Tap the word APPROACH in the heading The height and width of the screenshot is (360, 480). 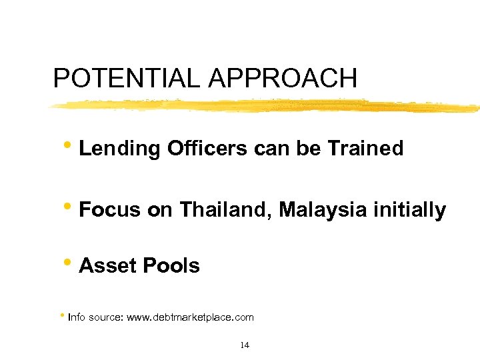point(283,79)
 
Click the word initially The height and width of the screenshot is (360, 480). point(409,211)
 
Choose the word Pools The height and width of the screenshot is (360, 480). point(170,265)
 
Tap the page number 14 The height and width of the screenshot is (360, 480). point(244,345)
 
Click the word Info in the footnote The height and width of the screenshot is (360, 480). point(77,317)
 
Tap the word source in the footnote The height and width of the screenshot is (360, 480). point(106,318)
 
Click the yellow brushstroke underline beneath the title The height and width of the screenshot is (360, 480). point(267,105)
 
